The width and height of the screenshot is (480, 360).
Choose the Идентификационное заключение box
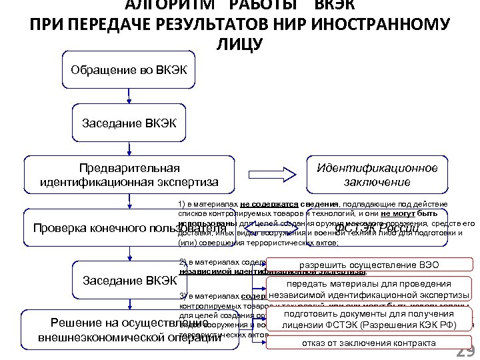pos(377,174)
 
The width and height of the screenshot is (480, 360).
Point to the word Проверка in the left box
pos(63,229)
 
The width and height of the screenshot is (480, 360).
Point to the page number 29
pos(465,351)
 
